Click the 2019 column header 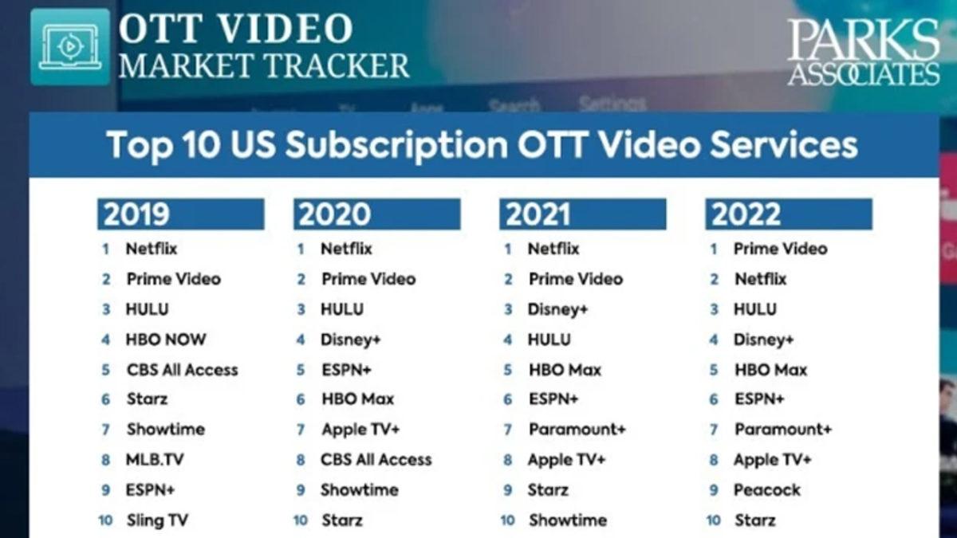click(180, 214)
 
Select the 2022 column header click(788, 214)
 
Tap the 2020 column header click(376, 214)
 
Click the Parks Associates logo click(864, 53)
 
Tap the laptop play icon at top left click(70, 47)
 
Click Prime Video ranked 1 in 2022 click(780, 249)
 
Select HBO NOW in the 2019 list click(165, 340)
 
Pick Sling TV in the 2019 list click(157, 520)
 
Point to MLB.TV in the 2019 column click(155, 460)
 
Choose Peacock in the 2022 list click(766, 490)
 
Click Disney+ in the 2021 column click(557, 309)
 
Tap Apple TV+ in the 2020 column click(360, 430)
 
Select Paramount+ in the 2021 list click(577, 430)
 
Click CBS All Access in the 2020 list click(376, 460)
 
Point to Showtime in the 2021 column click(567, 520)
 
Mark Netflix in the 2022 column click(760, 279)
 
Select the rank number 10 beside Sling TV click(105, 520)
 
